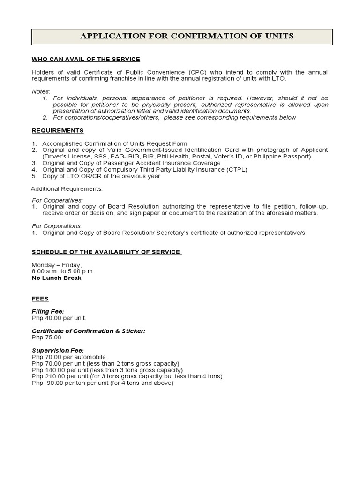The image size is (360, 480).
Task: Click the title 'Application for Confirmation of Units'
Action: point(187,36)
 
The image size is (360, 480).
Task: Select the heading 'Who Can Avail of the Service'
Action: point(86,59)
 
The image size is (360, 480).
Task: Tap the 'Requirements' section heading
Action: point(58,130)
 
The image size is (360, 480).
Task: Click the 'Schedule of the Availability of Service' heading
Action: point(106,252)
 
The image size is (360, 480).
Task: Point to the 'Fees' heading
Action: point(40,298)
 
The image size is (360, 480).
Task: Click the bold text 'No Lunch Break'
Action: point(56,278)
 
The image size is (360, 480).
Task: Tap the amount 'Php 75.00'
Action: point(46,337)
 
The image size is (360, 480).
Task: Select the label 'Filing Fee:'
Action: point(48,311)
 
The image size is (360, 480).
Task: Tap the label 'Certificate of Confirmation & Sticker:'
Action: point(88,330)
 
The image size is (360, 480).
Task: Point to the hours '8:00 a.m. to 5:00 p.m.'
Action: point(63,271)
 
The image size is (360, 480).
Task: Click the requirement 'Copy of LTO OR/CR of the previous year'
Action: point(101,176)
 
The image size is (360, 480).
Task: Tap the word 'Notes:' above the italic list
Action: point(41,91)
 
